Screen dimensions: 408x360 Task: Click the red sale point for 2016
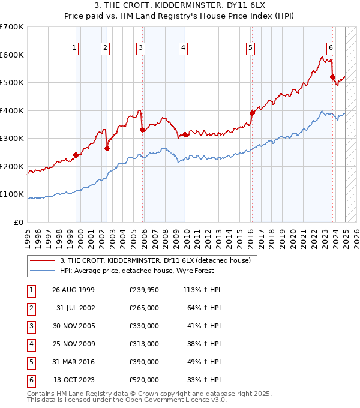point(252,113)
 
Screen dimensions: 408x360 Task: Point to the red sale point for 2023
point(332,77)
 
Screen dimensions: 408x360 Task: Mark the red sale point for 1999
point(76,155)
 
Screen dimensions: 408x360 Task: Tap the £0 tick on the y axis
point(19,222)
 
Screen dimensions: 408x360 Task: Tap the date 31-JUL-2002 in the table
point(74,308)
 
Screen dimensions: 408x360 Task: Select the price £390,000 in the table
point(144,362)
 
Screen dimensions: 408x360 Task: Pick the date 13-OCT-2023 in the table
point(74,380)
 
